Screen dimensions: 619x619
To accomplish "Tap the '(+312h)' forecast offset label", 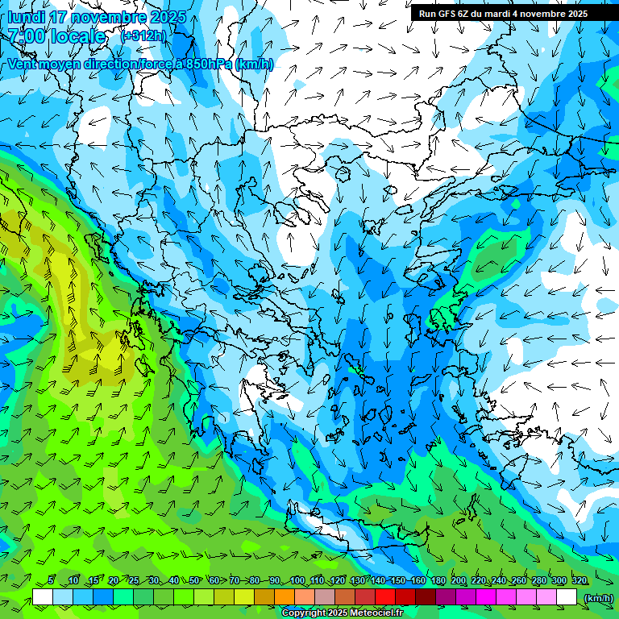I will (x=143, y=35).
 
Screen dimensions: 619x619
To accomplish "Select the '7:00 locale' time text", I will (x=56, y=36).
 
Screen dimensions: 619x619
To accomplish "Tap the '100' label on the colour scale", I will (x=297, y=581).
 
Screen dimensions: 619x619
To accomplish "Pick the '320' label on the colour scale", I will (x=579, y=581).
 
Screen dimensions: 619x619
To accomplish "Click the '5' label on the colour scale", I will (x=50, y=581).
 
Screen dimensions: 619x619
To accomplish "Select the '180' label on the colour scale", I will (x=438, y=581).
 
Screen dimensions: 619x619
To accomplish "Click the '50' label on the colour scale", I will (x=194, y=581).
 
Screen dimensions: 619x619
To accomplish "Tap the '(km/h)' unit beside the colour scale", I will (x=598, y=597).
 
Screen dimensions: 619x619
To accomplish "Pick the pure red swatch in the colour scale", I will (x=385, y=597).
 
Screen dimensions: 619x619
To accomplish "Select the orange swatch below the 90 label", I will (x=285, y=597).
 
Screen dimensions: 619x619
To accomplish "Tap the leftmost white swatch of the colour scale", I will (x=43, y=597).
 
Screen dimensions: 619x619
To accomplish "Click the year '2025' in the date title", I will (x=168, y=17).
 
